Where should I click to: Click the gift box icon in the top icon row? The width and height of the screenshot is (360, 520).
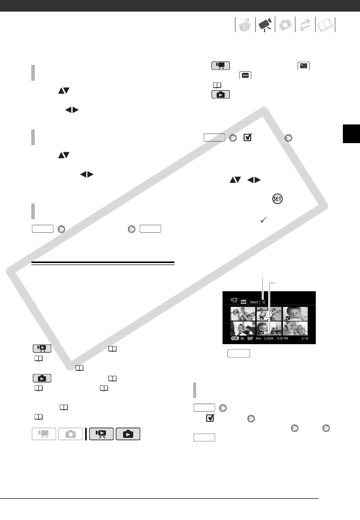click(x=245, y=25)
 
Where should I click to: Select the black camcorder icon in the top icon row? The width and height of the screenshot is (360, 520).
click(x=265, y=25)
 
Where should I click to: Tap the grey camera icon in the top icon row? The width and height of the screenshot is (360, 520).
click(x=285, y=25)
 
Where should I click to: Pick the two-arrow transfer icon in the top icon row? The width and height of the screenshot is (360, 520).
click(x=305, y=25)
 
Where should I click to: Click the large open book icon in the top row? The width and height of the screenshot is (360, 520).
click(x=325, y=25)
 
